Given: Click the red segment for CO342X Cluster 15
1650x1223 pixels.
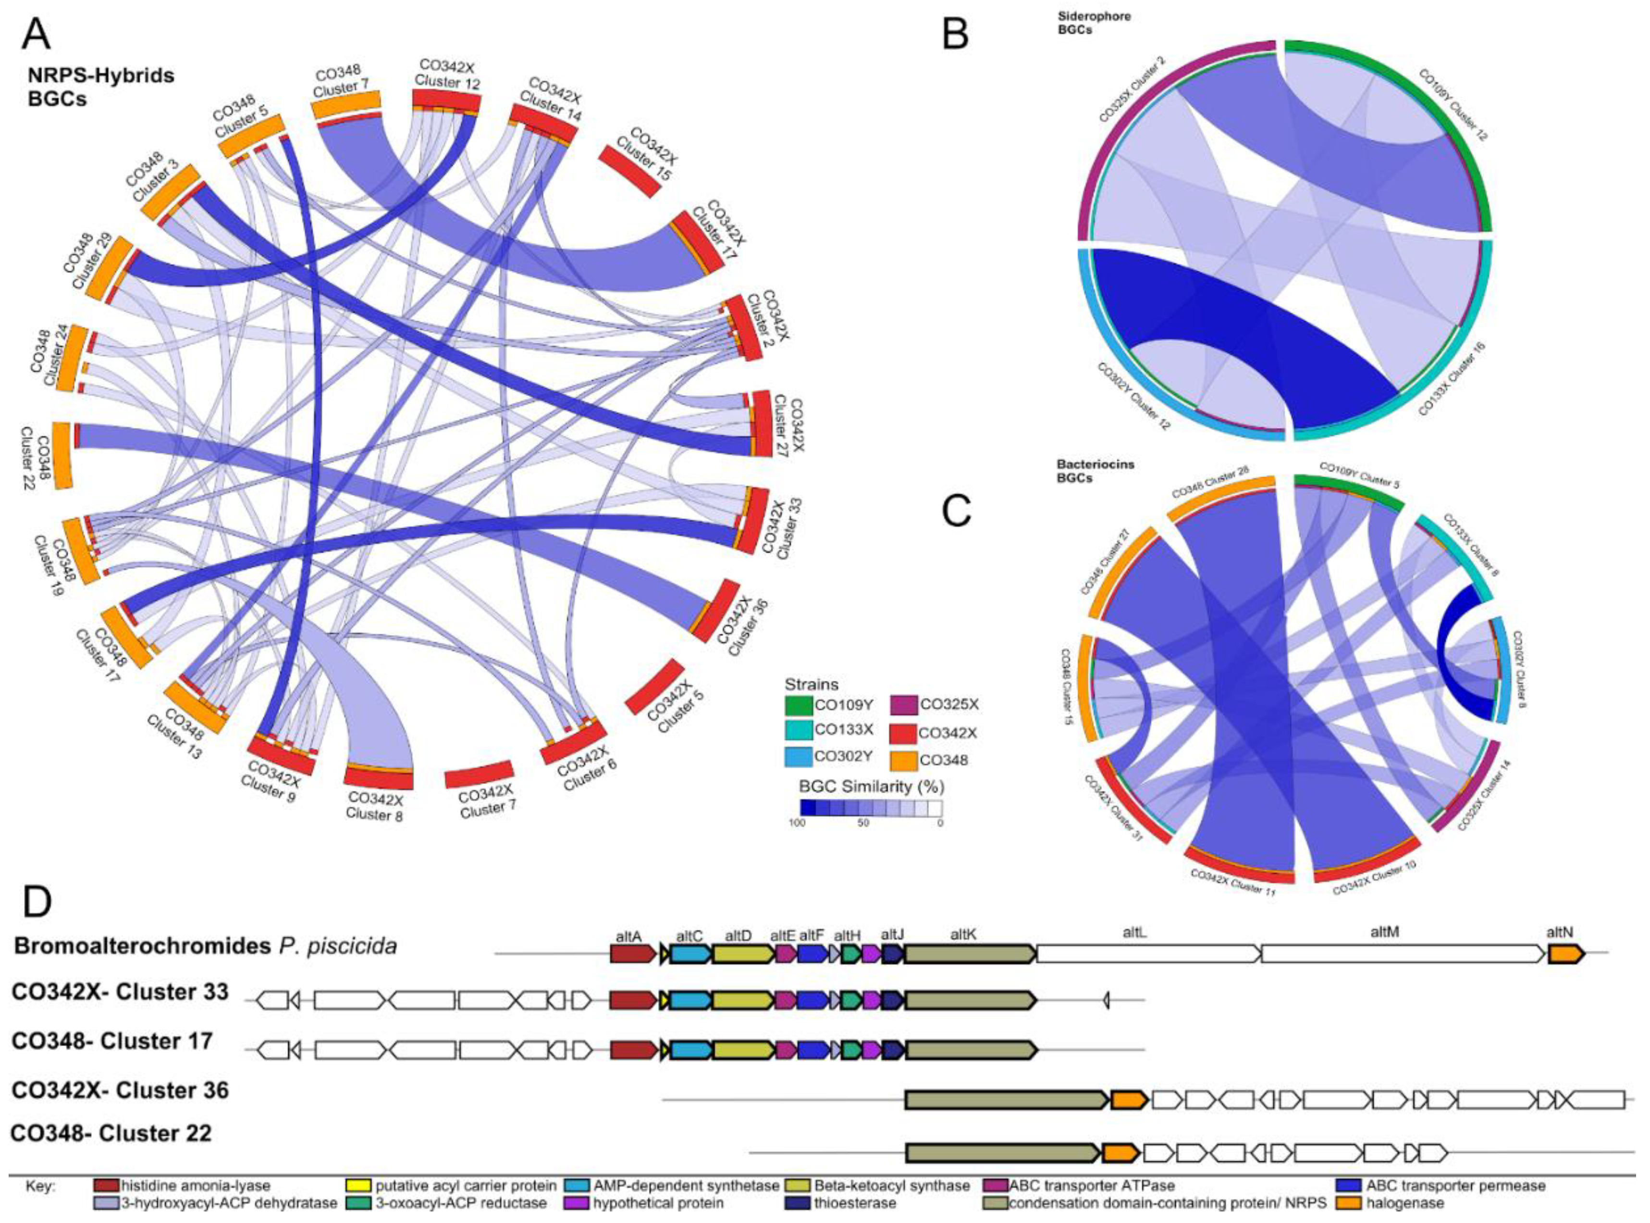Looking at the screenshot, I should coord(629,171).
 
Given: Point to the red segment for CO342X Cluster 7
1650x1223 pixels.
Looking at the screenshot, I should coord(479,775).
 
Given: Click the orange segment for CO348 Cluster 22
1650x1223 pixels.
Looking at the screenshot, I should coord(62,455).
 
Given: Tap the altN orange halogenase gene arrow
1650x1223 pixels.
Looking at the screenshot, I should coord(1565,954).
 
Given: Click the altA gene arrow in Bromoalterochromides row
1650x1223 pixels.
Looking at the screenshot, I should coord(633,954).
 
